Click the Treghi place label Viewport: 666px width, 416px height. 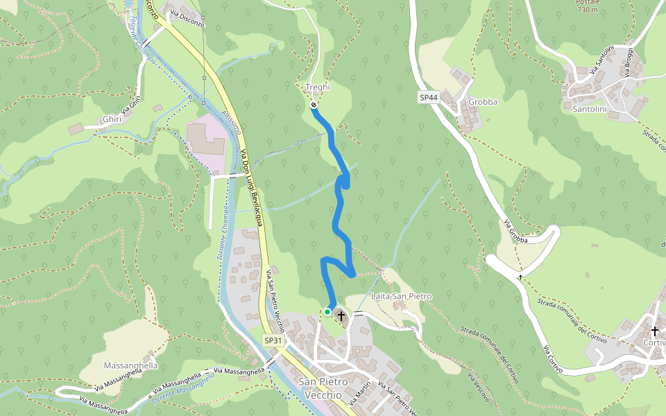click(318, 87)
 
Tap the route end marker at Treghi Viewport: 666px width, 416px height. click(314, 105)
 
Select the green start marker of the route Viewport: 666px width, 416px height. click(327, 312)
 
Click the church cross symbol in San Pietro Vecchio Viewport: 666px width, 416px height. click(341, 316)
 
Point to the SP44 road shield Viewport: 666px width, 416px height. click(429, 98)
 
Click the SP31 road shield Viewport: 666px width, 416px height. click(273, 340)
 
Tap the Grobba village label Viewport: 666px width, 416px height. click(483, 102)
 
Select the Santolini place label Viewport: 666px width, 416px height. click(590, 109)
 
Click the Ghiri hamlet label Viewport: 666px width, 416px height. click(112, 119)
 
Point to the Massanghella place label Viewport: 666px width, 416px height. click(130, 365)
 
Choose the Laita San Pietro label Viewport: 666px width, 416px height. click(402, 297)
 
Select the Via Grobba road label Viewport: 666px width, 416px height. click(516, 232)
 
